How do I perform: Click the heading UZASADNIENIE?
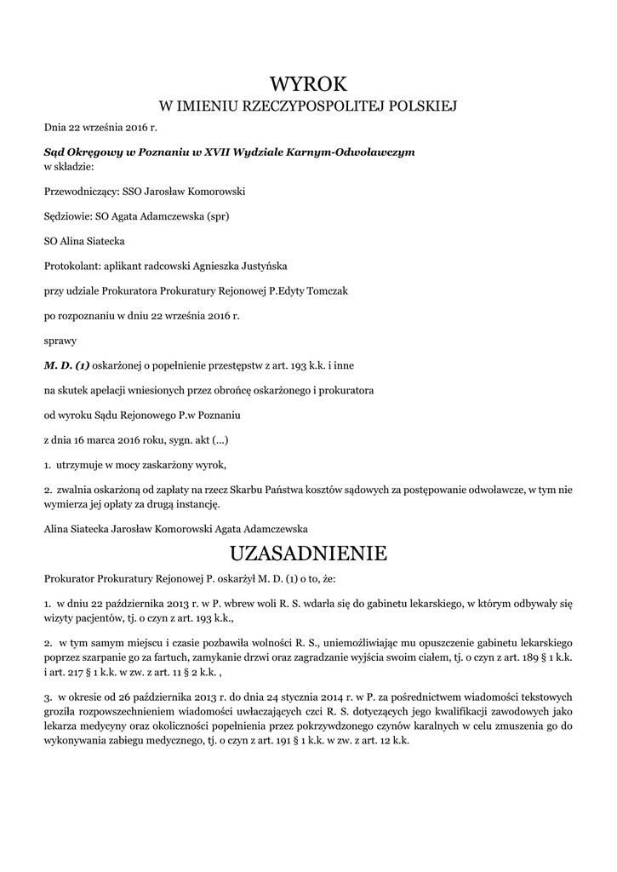[x=308, y=554]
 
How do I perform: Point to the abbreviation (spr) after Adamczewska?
[x=219, y=216]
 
